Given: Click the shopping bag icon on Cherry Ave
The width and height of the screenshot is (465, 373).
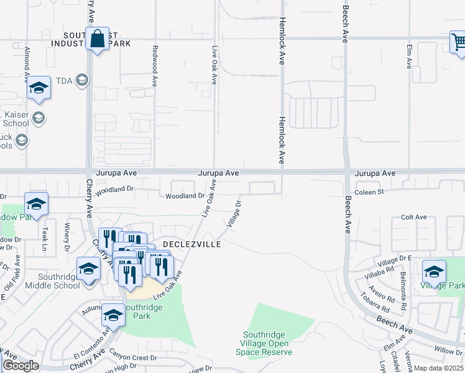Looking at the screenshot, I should pyautogui.click(x=98, y=39).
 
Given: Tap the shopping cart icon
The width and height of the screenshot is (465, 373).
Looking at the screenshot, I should pyautogui.click(x=459, y=42).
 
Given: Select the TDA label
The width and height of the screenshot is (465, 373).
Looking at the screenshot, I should pyautogui.click(x=64, y=80).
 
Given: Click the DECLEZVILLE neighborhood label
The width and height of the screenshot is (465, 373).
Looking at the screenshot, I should pyautogui.click(x=191, y=245).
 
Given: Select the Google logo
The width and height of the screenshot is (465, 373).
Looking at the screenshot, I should pyautogui.click(x=21, y=366).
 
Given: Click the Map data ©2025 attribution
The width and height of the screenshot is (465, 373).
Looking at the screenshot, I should pyautogui.click(x=438, y=368).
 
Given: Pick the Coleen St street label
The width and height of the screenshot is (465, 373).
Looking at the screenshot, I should pyautogui.click(x=369, y=192).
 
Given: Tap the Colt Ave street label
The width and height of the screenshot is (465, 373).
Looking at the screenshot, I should pyautogui.click(x=413, y=217).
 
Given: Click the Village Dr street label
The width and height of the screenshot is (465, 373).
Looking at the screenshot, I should pyautogui.click(x=234, y=213).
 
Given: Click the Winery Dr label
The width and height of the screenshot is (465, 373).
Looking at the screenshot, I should pyautogui.click(x=67, y=240).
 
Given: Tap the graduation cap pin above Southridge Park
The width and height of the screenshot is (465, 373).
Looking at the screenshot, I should pyautogui.click(x=113, y=315).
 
